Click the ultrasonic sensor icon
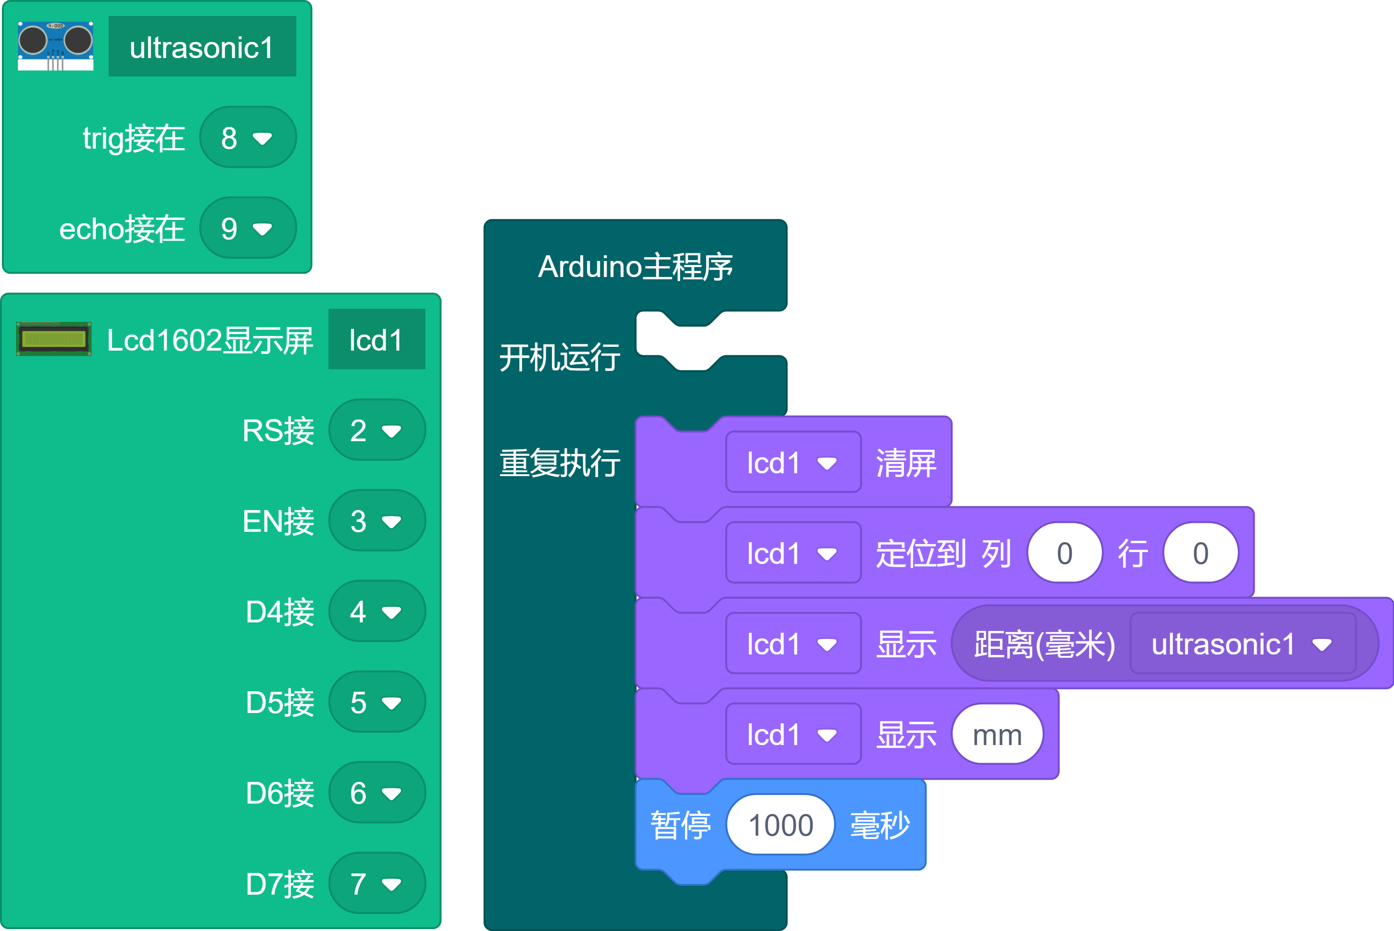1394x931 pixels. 55,46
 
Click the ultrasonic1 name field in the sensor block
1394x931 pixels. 202,47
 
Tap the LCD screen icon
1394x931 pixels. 53,339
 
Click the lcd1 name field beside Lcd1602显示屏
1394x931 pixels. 376,340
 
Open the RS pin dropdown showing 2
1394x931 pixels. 377,430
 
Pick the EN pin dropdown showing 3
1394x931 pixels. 377,521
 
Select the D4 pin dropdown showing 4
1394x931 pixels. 377,612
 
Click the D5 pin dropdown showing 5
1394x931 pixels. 377,703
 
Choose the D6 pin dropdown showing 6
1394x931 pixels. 377,793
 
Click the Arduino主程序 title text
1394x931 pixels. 635,267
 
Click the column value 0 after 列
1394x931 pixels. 1065,554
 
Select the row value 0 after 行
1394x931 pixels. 1200,554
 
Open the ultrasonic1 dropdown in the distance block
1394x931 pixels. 1242,644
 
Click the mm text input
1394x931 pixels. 997,735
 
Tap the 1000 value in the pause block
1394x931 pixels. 780,825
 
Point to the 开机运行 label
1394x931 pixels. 559,357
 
